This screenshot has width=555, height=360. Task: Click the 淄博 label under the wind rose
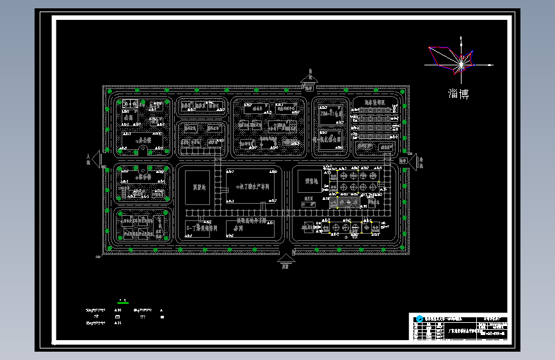click(x=458, y=94)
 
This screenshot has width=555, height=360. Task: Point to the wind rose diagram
click(x=458, y=60)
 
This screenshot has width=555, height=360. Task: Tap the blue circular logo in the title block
click(x=419, y=318)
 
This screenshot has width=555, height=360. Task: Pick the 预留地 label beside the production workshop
click(x=198, y=187)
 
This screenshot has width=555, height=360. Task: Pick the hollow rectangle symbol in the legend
click(x=117, y=316)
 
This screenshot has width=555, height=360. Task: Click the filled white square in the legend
click(x=162, y=316)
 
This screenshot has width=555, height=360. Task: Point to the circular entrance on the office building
click(x=143, y=149)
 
